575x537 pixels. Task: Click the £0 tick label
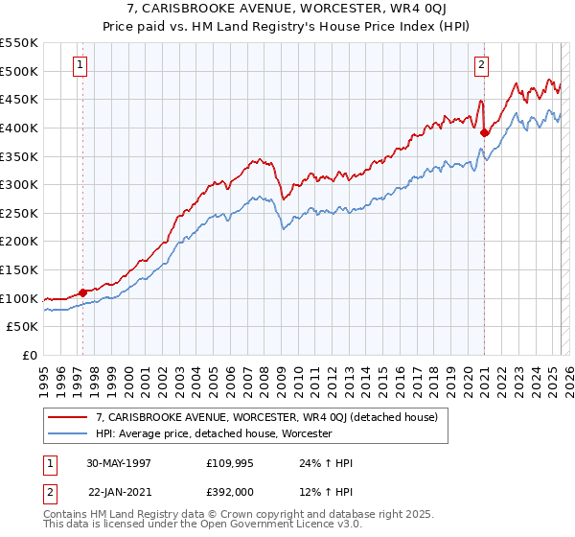(29, 355)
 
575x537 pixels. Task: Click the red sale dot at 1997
(83, 292)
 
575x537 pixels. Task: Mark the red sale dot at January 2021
(484, 132)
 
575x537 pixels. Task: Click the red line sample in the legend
(68, 417)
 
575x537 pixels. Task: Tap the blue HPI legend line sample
(68, 434)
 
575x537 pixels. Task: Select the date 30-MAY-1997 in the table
(119, 463)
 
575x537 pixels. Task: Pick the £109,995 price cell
(227, 463)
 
